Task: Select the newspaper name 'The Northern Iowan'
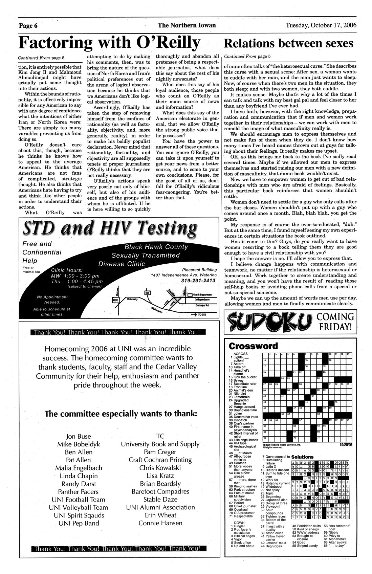pyautogui.click(x=187, y=25)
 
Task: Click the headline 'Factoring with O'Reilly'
pyautogui.click(x=109, y=42)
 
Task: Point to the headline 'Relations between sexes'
pyautogui.click(x=289, y=43)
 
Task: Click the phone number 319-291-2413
pyautogui.click(x=198, y=280)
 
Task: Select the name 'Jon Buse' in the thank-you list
pyautogui.click(x=79, y=436)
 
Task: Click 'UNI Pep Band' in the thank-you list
pyautogui.click(x=79, y=523)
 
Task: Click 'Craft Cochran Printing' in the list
pyautogui.click(x=160, y=460)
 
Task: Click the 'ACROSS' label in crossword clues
pyautogui.click(x=240, y=354)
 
